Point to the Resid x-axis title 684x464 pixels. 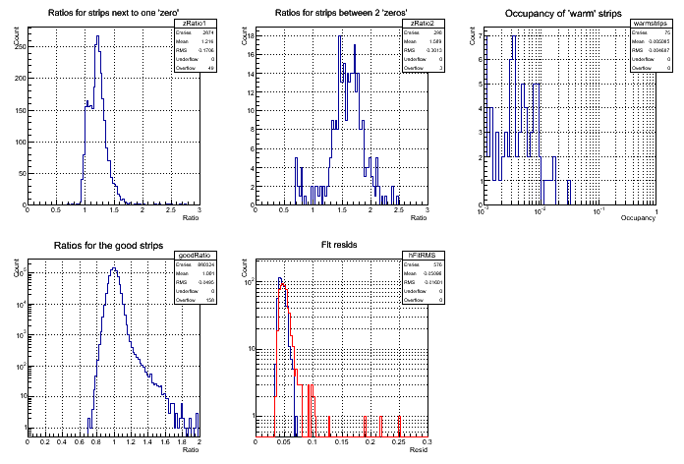[417, 449]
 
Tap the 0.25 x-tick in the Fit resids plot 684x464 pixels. [399, 441]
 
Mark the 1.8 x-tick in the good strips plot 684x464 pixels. [182, 441]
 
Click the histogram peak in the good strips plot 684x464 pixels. [115, 269]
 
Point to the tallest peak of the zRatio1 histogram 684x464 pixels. [98, 37]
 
